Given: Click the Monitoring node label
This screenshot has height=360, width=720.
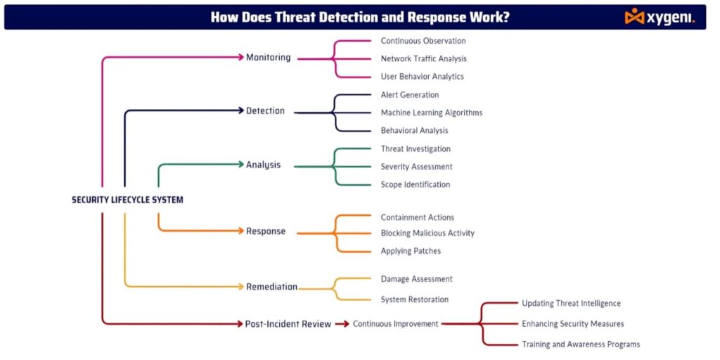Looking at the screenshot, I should coord(268,58).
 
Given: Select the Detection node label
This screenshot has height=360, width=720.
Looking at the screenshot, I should coord(265,111).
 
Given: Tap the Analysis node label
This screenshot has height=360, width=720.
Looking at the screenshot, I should coord(263,165).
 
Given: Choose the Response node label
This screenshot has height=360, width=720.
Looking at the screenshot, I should coord(266,231).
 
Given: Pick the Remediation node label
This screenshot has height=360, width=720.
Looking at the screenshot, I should coord(271,287).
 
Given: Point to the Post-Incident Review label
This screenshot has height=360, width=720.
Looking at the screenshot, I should coord(288,324).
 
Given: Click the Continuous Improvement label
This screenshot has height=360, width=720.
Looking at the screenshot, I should coord(395,324).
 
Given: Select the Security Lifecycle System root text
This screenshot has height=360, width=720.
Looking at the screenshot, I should coord(127,200).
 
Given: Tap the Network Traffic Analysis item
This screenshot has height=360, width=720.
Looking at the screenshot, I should coord(423,59).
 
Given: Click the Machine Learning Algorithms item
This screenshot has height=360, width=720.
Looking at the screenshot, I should coord(431,112).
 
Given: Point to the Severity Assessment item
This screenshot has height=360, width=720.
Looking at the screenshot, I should coord(416,167).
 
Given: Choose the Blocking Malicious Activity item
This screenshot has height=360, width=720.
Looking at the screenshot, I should coord(427,233).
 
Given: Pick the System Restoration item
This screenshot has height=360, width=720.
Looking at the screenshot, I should coord(414,300).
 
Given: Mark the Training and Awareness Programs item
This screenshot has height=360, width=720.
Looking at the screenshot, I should coord(580,345).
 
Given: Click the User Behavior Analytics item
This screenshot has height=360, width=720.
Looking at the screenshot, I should coord(422,77).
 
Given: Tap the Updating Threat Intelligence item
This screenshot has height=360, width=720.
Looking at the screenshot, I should coord(571,304).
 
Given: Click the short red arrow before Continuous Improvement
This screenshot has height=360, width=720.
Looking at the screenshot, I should coord(342,324).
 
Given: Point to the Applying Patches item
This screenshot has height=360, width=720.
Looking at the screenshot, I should coord(411,251).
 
